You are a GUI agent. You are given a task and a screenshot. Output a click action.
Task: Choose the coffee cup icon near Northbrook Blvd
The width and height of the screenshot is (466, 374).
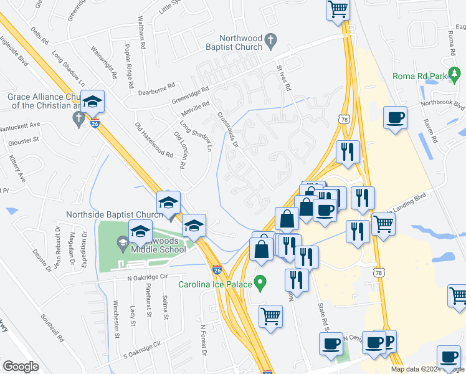tap(396, 117)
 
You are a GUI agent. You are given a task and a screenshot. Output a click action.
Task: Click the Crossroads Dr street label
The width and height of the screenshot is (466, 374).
tap(228, 130)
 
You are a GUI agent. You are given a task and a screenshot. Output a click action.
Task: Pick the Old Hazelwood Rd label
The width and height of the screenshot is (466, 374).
tap(154, 140)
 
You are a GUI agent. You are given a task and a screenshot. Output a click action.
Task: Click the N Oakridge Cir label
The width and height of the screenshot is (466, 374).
tap(148, 277)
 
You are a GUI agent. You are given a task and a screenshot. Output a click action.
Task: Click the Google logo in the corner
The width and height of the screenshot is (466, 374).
tap(21, 367)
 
